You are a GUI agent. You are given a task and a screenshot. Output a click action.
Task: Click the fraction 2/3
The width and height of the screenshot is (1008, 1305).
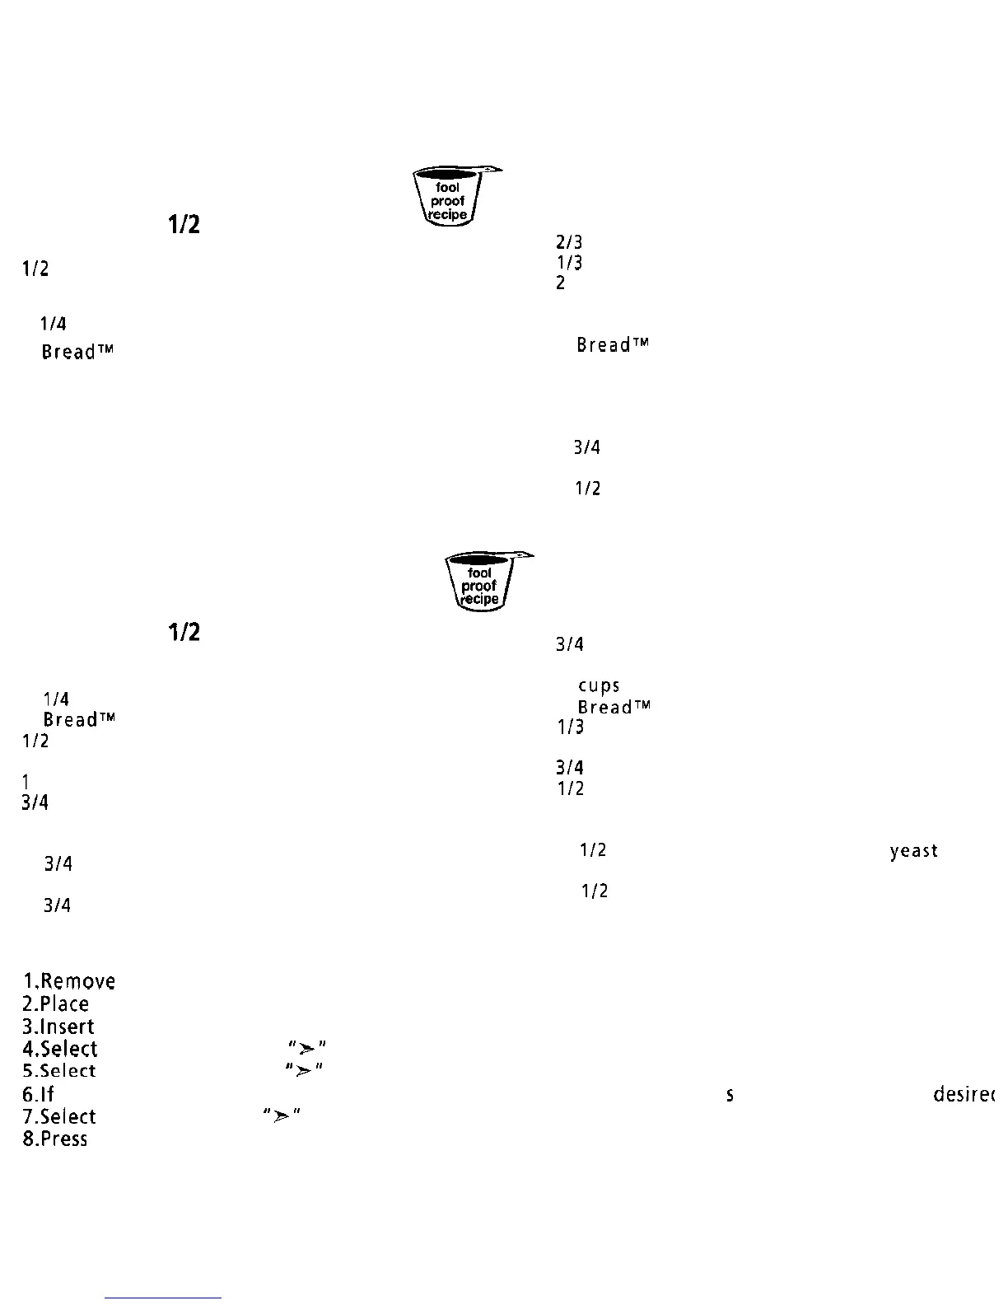click(x=569, y=243)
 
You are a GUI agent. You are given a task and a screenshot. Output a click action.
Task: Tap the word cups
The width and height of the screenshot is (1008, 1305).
click(x=599, y=686)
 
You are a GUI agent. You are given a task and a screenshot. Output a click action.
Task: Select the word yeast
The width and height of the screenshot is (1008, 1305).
click(x=913, y=851)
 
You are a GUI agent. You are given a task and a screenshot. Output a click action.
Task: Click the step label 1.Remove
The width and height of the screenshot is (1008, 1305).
click(x=69, y=981)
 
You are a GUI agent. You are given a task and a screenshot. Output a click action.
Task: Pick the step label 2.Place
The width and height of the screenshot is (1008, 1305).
click(x=56, y=1003)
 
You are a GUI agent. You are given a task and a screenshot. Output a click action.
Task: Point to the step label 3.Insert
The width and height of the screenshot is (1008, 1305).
click(x=59, y=1027)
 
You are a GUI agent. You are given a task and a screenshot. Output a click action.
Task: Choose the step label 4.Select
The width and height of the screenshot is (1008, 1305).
click(x=61, y=1049)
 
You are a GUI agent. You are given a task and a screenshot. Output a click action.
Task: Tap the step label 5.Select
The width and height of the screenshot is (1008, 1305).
click(x=60, y=1071)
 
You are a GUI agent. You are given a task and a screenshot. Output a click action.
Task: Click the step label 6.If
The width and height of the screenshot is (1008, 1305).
click(x=38, y=1094)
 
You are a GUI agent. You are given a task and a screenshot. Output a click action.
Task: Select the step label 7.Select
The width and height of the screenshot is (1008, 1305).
click(x=60, y=1116)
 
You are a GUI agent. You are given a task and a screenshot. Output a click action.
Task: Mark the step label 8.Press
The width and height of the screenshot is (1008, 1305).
click(x=55, y=1139)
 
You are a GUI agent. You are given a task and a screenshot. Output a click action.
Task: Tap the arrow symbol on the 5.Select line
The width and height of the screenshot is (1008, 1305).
click(x=303, y=1069)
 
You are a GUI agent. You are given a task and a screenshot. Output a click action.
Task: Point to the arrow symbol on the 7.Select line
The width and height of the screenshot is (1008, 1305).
click(x=281, y=1115)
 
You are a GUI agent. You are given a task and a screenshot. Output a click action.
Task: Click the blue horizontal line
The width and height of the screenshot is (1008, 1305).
click(x=163, y=1298)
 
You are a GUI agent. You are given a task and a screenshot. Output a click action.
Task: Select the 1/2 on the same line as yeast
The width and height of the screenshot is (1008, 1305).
click(x=593, y=850)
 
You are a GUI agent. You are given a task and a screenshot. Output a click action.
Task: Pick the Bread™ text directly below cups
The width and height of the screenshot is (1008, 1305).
click(x=614, y=707)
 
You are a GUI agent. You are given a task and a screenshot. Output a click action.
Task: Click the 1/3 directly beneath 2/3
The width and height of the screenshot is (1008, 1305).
click(x=569, y=263)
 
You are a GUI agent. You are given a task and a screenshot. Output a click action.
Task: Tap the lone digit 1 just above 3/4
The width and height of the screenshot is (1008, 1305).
click(x=26, y=781)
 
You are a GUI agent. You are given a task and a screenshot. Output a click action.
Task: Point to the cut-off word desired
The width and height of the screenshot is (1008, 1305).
click(x=964, y=1094)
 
